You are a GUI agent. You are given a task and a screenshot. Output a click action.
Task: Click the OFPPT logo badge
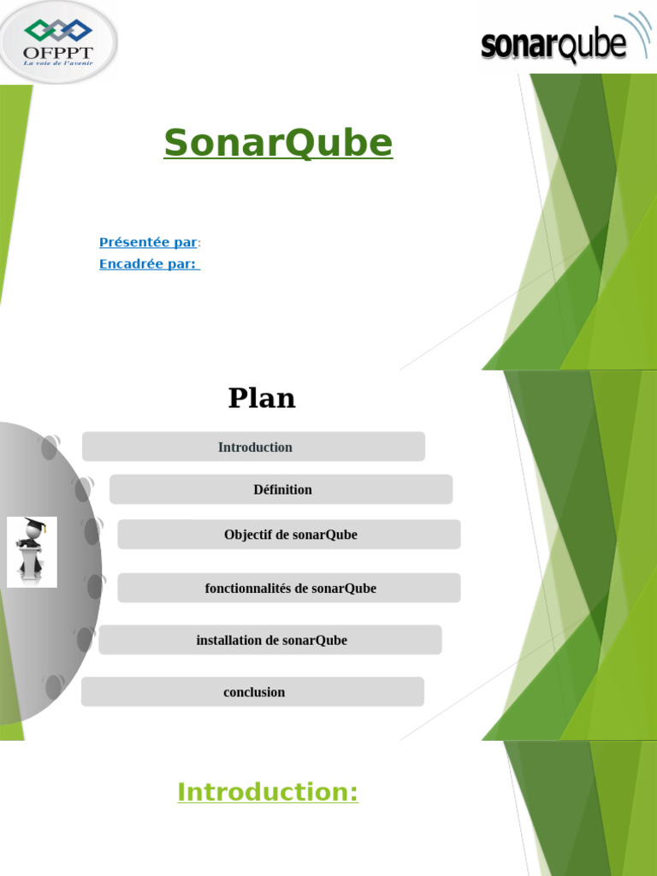pyautogui.click(x=58, y=42)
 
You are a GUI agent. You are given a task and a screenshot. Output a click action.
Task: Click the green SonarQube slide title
pyautogui.click(x=278, y=143)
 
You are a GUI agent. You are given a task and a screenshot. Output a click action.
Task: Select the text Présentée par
pyautogui.click(x=148, y=242)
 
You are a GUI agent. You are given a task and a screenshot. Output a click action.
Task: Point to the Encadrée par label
pyautogui.click(x=148, y=264)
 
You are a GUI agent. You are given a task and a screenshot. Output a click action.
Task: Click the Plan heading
pyautogui.click(x=262, y=398)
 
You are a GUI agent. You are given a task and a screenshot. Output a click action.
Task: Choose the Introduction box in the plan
pyautogui.click(x=254, y=447)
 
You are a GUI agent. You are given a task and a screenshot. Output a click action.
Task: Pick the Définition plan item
pyautogui.click(x=281, y=489)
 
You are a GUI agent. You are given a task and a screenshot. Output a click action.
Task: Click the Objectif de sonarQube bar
pyautogui.click(x=289, y=535)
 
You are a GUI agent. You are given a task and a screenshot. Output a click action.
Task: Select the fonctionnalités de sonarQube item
pyautogui.click(x=289, y=589)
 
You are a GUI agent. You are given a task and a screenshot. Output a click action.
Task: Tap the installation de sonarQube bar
pyautogui.click(x=270, y=640)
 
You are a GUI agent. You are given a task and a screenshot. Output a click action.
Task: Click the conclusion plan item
pyautogui.click(x=253, y=692)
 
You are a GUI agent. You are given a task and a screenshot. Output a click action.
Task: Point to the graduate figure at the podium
pyautogui.click(x=32, y=552)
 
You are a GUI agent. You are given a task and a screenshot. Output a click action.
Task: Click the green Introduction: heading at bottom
pyautogui.click(x=268, y=792)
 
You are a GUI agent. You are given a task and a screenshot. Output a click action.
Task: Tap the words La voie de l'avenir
pyautogui.click(x=58, y=62)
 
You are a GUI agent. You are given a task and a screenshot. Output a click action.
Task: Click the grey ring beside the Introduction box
pyautogui.click(x=50, y=447)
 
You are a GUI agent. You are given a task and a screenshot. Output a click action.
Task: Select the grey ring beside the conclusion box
pyautogui.click(x=53, y=687)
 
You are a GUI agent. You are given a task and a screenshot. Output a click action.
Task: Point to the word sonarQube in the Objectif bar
pyautogui.click(x=324, y=535)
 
